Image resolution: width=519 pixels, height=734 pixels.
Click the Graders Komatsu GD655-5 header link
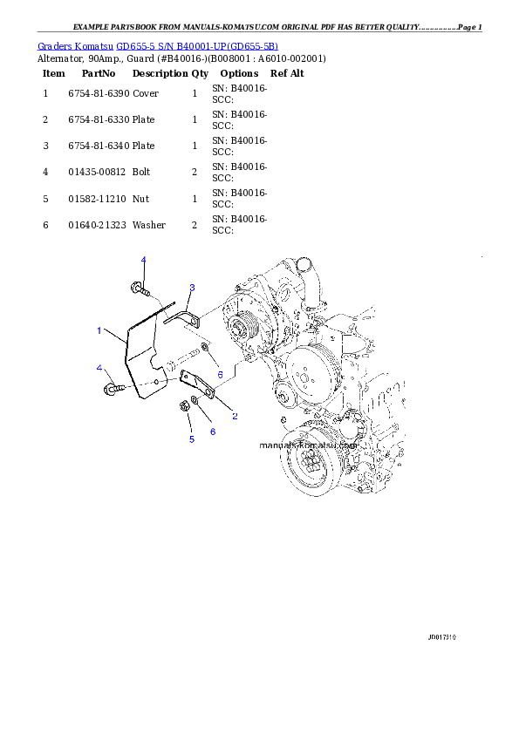click(x=158, y=46)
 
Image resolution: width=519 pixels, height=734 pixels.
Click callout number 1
click(x=99, y=331)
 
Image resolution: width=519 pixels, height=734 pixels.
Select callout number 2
click(x=235, y=416)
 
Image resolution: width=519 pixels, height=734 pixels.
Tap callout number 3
click(x=192, y=288)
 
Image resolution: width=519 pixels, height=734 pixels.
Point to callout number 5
click(x=192, y=439)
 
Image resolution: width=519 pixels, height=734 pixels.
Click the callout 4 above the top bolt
click(x=144, y=261)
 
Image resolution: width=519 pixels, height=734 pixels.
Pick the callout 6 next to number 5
click(x=212, y=432)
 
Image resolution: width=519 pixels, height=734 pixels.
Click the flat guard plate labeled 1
click(x=140, y=357)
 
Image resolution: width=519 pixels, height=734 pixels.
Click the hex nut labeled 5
click(x=184, y=404)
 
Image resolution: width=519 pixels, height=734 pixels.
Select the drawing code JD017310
click(x=442, y=637)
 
